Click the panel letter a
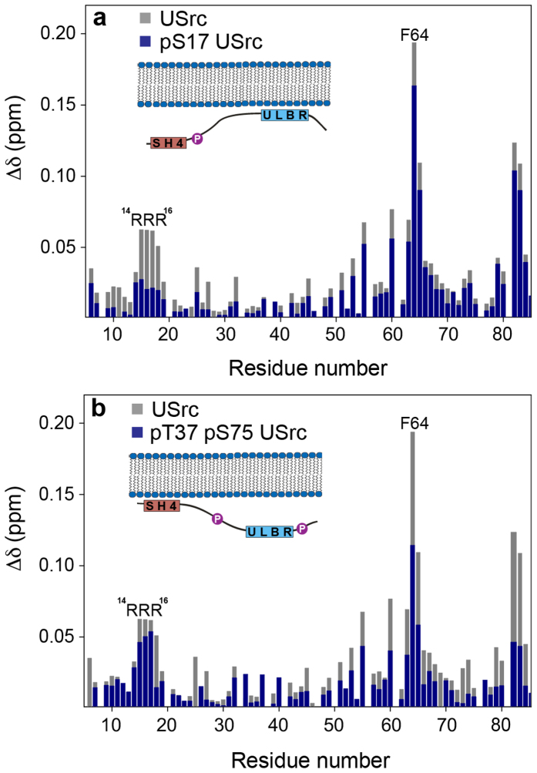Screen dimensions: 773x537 tap(99, 19)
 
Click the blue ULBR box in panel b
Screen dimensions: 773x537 tap(270, 531)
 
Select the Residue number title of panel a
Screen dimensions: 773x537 tap(307, 367)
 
